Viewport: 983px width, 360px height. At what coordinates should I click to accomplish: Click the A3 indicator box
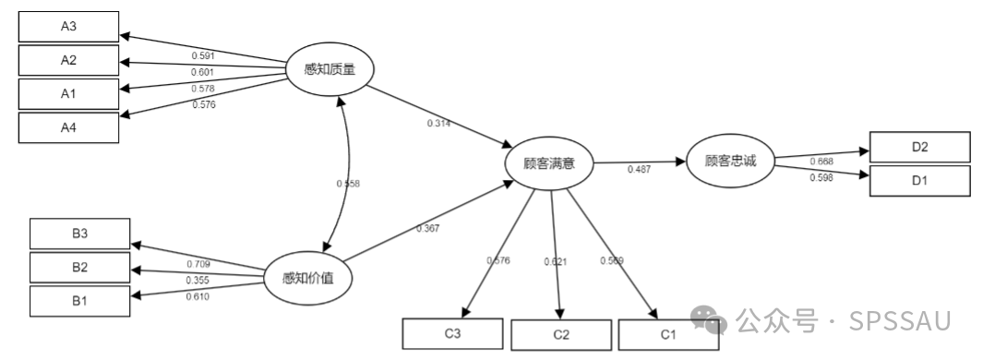coord(69,26)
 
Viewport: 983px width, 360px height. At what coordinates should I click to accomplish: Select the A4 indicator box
coord(69,127)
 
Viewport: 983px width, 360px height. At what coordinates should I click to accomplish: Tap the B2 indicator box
coord(80,268)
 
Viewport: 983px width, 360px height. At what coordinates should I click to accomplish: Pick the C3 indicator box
coord(452,333)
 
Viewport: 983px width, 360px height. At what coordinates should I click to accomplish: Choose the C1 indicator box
coord(667,333)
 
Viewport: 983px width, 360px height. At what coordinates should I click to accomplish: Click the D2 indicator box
coord(919,147)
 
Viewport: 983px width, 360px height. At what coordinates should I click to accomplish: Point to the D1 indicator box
coord(919,180)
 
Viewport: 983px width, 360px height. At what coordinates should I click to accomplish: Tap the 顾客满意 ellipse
coord(549,163)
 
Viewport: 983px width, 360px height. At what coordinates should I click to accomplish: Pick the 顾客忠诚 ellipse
coord(730,161)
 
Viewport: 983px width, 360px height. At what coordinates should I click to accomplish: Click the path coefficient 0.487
coord(640,170)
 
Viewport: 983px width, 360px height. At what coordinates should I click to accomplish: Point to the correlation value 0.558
coord(348,184)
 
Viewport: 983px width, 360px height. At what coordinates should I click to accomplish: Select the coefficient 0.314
coord(438,124)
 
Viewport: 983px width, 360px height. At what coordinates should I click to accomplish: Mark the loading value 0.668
coord(821,162)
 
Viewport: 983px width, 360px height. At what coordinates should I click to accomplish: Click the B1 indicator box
coord(80,300)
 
